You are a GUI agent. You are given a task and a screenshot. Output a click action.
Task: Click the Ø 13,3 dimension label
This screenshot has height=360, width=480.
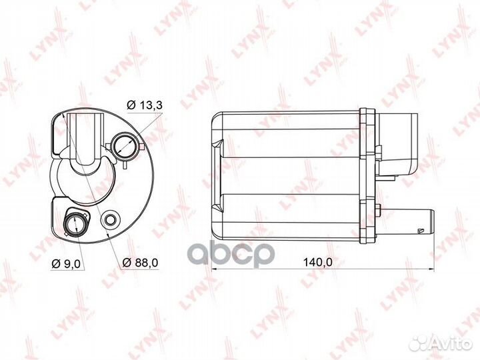point(145,105)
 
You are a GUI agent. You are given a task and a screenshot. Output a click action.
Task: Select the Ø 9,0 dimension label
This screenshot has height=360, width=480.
point(66,264)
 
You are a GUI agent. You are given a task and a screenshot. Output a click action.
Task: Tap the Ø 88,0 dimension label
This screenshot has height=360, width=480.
point(140,263)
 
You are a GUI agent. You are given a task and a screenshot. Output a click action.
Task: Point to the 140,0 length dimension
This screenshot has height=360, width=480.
point(317,262)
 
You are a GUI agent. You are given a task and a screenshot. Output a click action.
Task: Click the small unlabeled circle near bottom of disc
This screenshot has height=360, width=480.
point(110,219)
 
